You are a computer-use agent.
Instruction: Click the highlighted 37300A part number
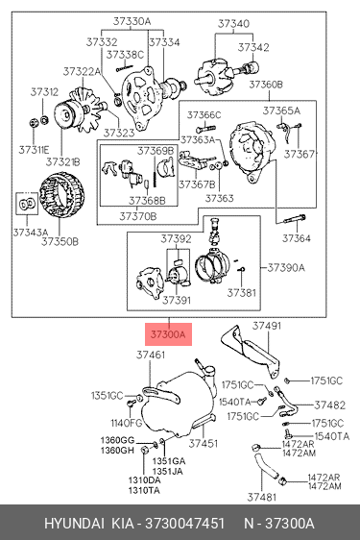[x=168, y=334]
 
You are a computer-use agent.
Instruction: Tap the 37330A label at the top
[x=132, y=22]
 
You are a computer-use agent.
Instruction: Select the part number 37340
[x=233, y=24]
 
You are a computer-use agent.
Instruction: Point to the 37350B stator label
[x=60, y=242]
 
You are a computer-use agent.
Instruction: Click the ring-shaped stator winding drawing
[x=62, y=195]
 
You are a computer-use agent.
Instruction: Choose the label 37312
[x=44, y=92]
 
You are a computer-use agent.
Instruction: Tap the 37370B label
[x=138, y=216]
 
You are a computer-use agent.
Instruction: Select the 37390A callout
[x=286, y=267]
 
